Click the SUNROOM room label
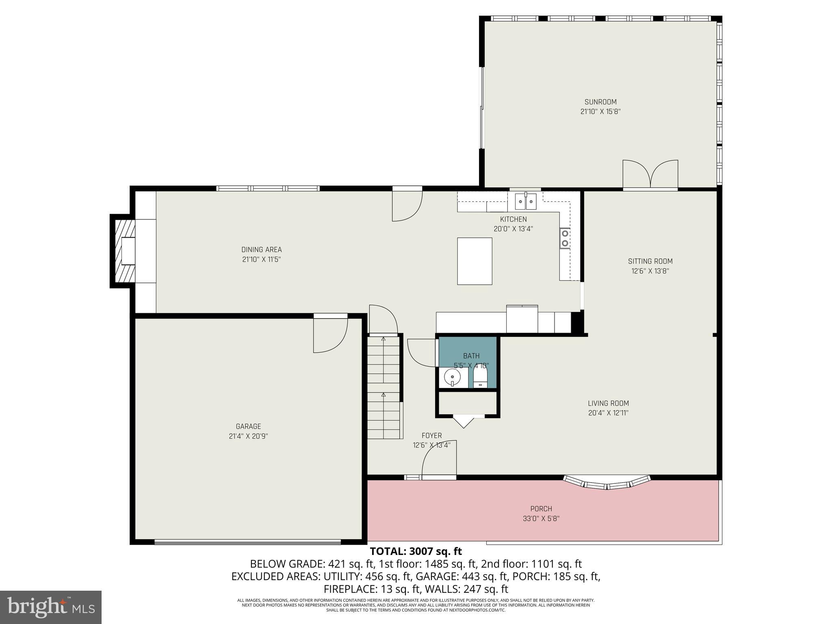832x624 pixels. [600, 102]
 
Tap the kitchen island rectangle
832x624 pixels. [474, 261]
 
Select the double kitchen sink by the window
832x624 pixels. [526, 201]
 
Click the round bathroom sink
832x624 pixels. [452, 377]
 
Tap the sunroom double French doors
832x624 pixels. [650, 175]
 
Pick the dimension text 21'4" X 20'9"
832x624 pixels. [248, 436]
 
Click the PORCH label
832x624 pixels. [541, 509]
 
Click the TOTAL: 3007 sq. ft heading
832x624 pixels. [416, 551]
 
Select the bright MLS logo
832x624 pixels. [51, 607]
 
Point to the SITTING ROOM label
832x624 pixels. [650, 261]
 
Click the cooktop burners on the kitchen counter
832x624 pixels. [565, 238]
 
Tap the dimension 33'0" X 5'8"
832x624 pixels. [541, 519]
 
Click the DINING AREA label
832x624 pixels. [261, 250]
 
